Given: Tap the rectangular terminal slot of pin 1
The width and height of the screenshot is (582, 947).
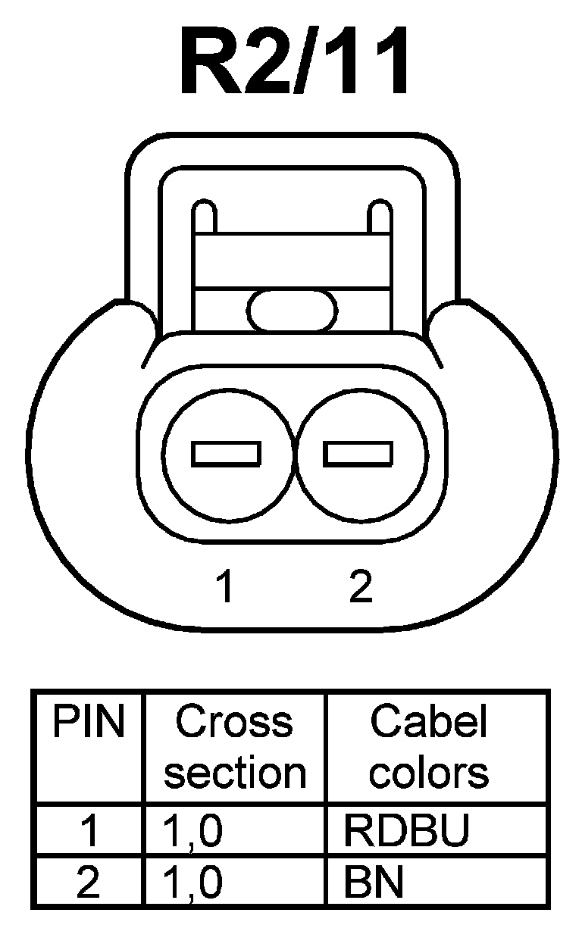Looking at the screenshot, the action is pos(227,453).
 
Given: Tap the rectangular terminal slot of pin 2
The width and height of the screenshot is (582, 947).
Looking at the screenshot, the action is pos(358,453).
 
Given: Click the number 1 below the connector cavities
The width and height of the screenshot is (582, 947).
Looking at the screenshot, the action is pos(224,587).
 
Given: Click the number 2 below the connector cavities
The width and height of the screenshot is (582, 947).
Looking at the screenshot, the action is pos(361,587).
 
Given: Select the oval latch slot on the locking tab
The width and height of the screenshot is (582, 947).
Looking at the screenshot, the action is pos(292,311).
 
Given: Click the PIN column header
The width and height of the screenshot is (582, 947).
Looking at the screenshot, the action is pos(88,724).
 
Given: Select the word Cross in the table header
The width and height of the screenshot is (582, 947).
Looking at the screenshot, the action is pos(233,724).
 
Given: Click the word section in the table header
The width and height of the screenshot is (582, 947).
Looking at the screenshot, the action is pos(235,773).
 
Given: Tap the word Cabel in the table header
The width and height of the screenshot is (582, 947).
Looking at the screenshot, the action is pos(428,724).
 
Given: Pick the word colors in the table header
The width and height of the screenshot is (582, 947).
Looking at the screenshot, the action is pos(430,773).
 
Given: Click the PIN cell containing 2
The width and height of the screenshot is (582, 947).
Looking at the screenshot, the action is pos(88,883).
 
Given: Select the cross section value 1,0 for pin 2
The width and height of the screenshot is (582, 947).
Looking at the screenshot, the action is pos(193,883).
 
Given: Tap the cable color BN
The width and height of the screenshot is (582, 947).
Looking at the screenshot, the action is pos(373,883).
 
